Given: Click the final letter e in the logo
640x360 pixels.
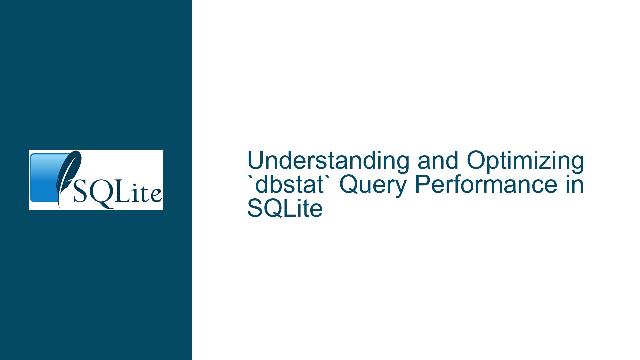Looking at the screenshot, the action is tap(156, 196).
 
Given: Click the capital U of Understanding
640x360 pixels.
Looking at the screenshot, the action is tap(256, 161).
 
